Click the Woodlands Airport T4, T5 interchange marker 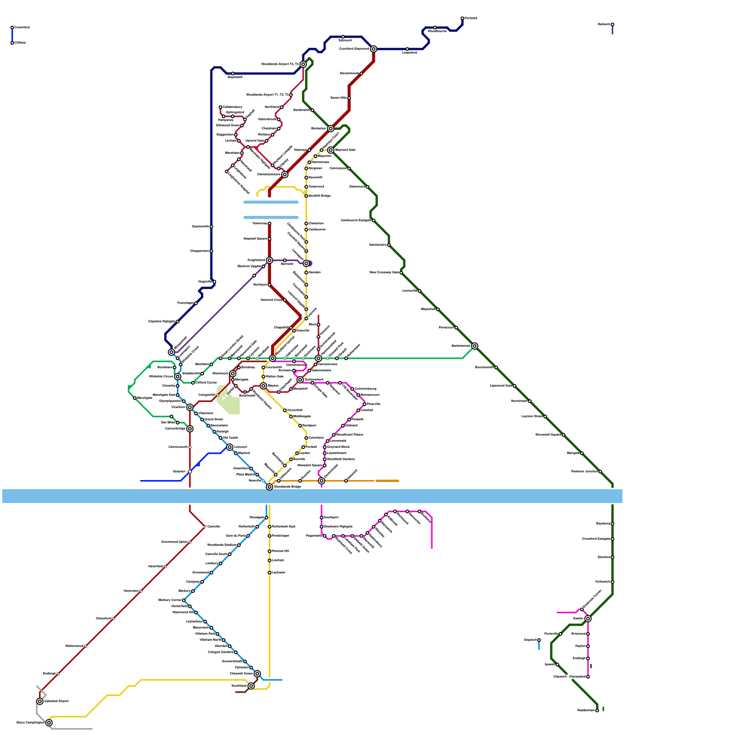303,64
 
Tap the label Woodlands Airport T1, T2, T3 268,95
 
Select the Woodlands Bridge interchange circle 270,487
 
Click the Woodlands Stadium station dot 239,545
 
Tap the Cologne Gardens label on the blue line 220,652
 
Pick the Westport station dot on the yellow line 300,426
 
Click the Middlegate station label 302,417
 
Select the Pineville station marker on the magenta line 365,404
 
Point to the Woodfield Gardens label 341,459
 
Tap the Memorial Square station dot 325,465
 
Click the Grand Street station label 214,419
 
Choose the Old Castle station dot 220,438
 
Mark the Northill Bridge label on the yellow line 320,196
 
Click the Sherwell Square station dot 564,435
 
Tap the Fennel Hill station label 280,551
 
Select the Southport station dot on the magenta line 322,518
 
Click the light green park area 228,400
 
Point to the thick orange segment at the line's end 387,481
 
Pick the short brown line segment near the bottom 241,692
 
